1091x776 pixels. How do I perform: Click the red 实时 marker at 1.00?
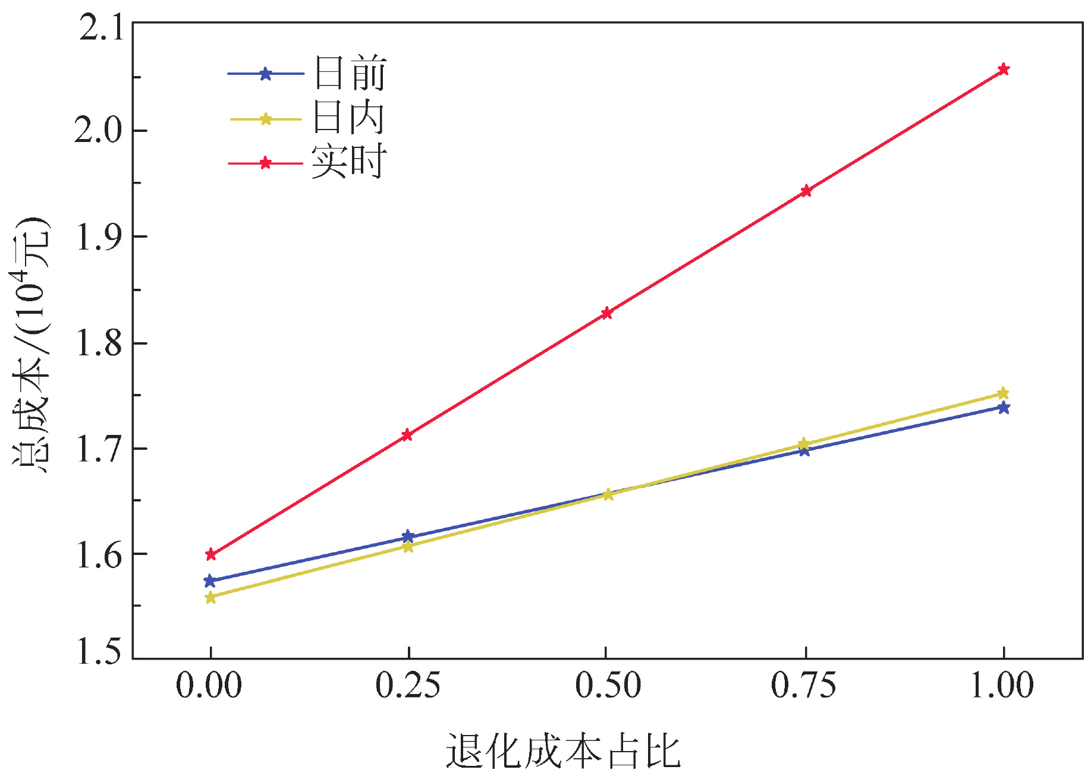pos(1004,70)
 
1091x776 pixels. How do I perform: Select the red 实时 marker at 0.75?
pos(806,191)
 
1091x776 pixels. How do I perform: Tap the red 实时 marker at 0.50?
pos(606,313)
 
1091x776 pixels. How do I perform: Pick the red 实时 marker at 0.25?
pos(407,435)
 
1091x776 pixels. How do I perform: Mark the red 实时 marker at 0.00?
pos(210,555)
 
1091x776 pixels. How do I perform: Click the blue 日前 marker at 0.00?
pos(210,581)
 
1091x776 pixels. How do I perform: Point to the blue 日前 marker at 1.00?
pos(1004,408)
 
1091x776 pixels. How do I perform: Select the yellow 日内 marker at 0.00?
pos(210,597)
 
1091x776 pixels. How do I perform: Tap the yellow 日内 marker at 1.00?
pos(1003,393)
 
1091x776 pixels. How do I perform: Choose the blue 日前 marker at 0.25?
pos(408,537)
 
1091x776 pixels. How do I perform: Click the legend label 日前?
pos(350,74)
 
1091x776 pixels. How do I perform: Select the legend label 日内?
pos(350,118)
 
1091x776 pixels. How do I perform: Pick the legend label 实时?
pos(350,162)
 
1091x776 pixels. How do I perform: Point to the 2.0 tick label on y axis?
pos(99,130)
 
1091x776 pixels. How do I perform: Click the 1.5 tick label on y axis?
pos(99,651)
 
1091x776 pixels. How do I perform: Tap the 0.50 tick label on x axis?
pos(608,686)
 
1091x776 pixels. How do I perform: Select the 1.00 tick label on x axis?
pos(1002,686)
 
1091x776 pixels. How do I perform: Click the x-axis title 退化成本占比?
pos(562,751)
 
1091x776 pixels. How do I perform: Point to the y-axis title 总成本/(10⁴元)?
pos(31,345)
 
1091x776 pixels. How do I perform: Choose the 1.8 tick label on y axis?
pos(99,343)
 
